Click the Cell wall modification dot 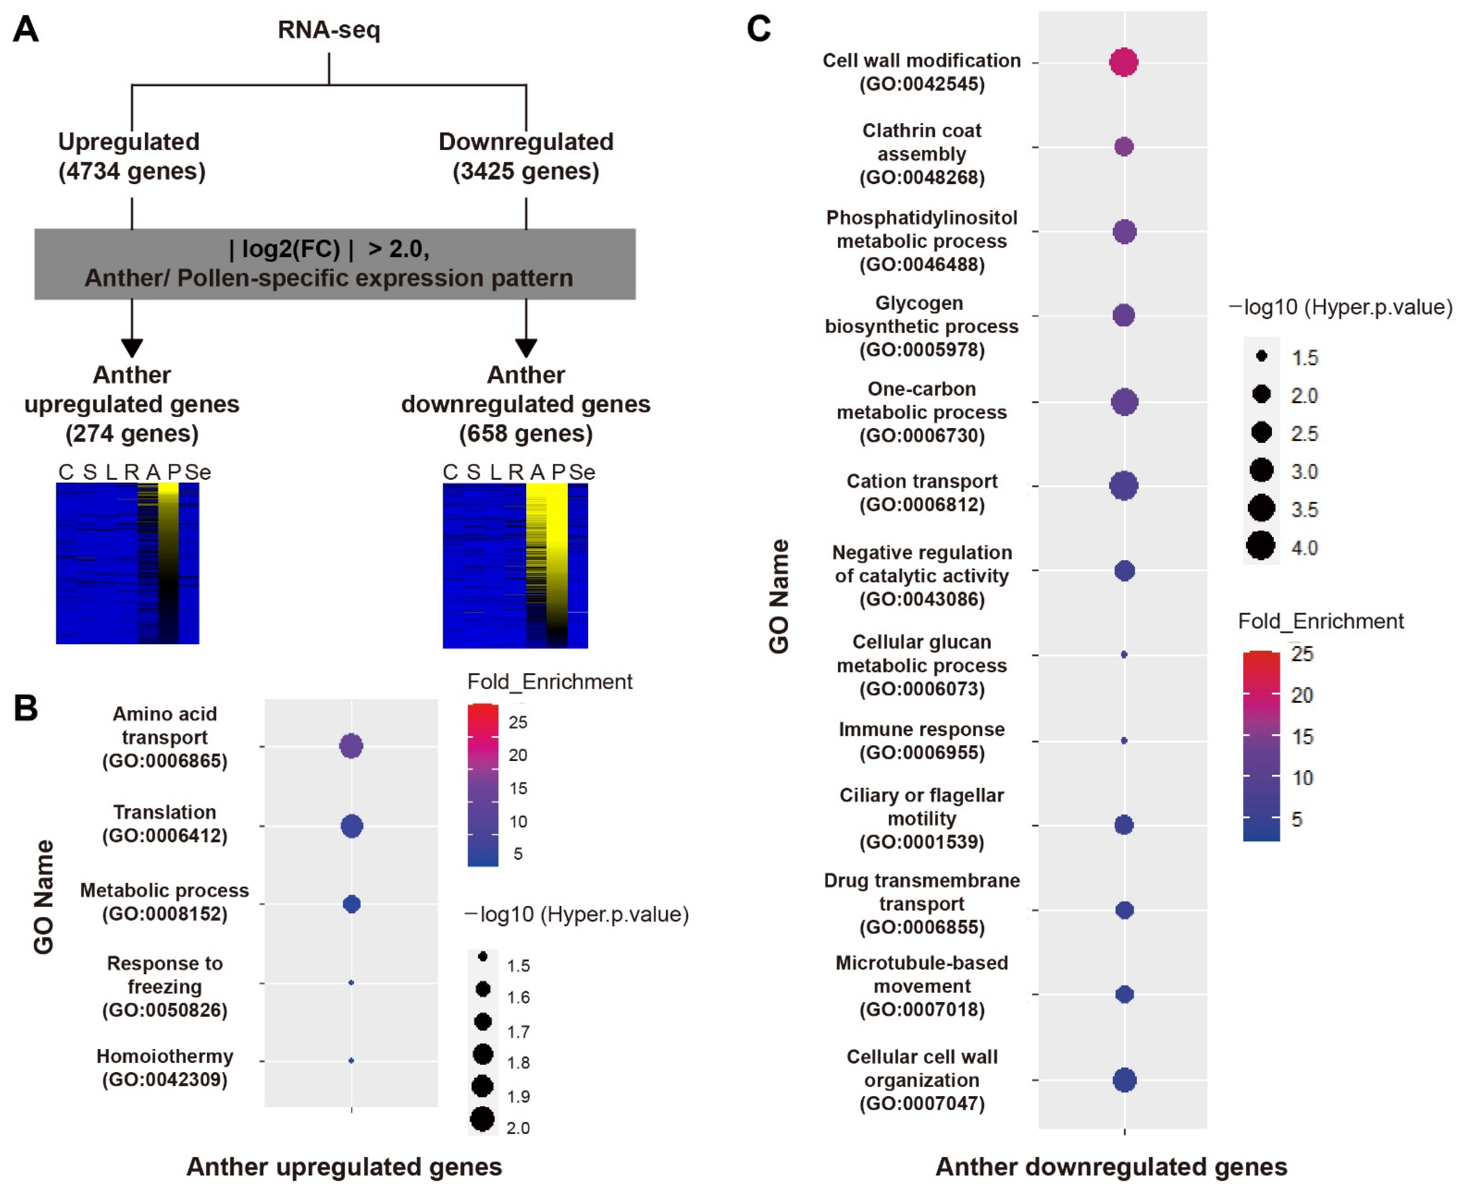tap(1124, 62)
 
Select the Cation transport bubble tap(1124, 486)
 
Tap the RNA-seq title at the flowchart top tap(329, 30)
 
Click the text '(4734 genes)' tap(132, 171)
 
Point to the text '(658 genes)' tap(526, 433)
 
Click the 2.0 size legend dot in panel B tap(482, 1119)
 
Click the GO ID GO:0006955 tap(922, 752)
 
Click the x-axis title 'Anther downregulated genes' tap(1111, 1166)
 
